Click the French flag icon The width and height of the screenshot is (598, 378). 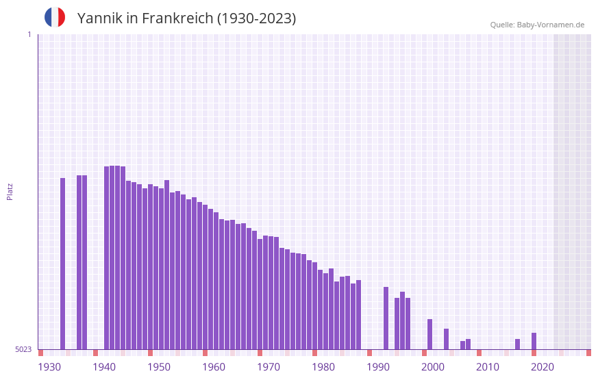coord(55,18)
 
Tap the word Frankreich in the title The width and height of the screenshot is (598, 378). coord(177,18)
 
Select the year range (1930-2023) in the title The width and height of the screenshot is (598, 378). coord(257,18)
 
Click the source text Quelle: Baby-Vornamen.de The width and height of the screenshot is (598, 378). coord(537,25)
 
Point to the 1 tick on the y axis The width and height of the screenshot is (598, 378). coord(29,34)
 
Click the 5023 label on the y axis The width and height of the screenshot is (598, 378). coord(23,349)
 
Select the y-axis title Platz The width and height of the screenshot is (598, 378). coord(10,191)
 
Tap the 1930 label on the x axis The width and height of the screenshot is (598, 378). coord(49,367)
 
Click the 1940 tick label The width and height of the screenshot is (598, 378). coord(104,367)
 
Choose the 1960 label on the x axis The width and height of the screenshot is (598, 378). coord(214,367)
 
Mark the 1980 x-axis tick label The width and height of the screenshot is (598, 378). coord(323,367)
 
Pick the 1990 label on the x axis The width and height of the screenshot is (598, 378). coord(378,367)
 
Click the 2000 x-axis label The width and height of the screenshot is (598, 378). coord(433,367)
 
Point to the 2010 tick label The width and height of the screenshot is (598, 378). coord(488,367)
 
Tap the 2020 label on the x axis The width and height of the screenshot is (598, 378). coord(543,367)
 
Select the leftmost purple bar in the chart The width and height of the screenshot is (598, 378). coord(62,264)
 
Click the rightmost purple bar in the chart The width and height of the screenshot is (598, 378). coord(534,341)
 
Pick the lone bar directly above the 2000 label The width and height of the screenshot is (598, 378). coord(429,334)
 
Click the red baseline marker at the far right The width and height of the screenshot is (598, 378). coord(588,353)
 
